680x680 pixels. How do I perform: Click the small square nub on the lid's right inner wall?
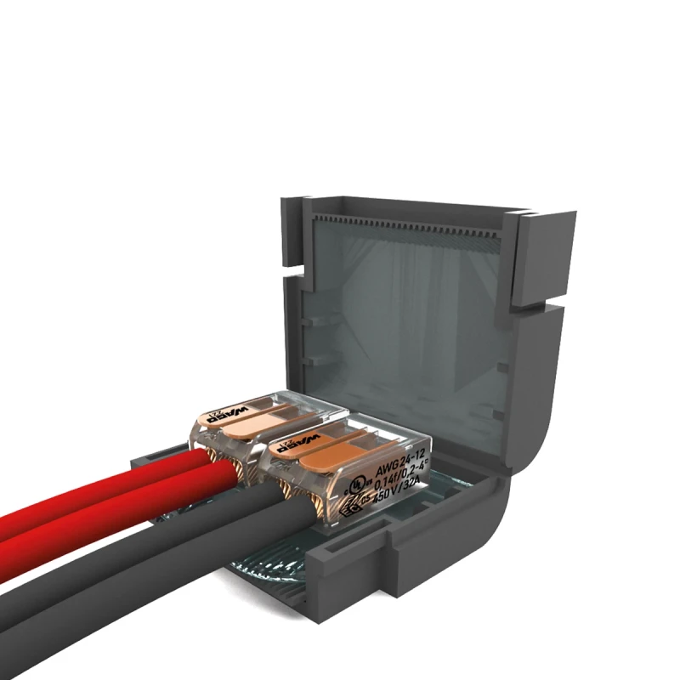(x=502, y=366)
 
